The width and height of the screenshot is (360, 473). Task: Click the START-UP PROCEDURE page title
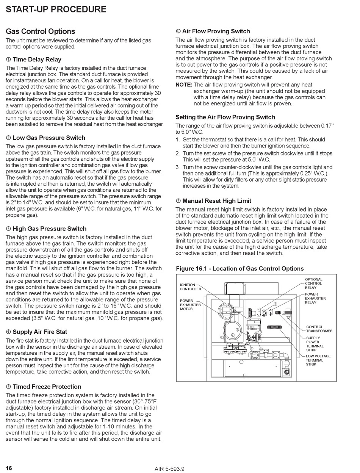tap(56, 9)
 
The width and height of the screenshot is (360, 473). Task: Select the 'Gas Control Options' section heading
tap(41, 31)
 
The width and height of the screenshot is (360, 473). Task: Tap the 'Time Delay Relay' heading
tap(37, 60)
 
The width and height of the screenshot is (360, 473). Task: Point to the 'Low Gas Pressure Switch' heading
tap(49, 138)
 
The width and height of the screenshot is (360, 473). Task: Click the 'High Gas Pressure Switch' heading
tap(49, 229)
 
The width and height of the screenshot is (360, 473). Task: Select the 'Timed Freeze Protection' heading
tap(47, 387)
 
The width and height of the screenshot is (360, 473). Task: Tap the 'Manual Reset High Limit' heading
tap(216, 201)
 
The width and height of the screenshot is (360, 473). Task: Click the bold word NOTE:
tap(184, 85)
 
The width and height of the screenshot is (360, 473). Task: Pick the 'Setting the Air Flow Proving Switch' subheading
tap(225, 117)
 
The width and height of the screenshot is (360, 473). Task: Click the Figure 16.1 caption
tap(240, 269)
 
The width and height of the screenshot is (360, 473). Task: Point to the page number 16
tap(9, 468)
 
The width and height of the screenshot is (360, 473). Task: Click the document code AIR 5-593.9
tap(169, 469)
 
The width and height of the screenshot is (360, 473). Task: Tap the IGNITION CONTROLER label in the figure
tap(190, 287)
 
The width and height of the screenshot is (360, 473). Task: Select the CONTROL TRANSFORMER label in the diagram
tap(319, 329)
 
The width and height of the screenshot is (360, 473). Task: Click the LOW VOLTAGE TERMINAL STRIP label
tap(318, 360)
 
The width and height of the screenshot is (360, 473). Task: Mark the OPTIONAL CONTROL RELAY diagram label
tap(313, 283)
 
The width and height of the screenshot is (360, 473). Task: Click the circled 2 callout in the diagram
tap(222, 337)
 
